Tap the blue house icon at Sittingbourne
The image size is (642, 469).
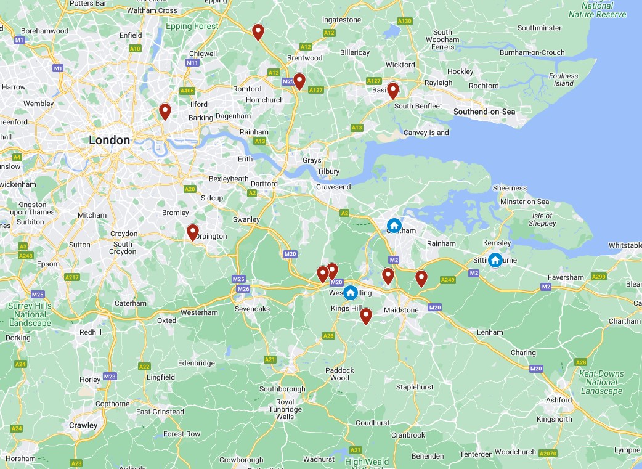pyautogui.click(x=495, y=260)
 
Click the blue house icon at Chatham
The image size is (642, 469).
pyautogui.click(x=394, y=225)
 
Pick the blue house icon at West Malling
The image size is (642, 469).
pyautogui.click(x=350, y=292)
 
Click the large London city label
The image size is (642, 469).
pyautogui.click(x=110, y=140)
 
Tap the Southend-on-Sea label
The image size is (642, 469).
pyautogui.click(x=484, y=112)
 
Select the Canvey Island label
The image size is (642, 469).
pyautogui.click(x=426, y=133)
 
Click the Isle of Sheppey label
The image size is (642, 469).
pyautogui.click(x=542, y=219)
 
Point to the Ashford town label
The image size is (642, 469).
pyautogui.click(x=559, y=400)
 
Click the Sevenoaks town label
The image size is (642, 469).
pyautogui.click(x=253, y=309)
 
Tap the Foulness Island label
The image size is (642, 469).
pyautogui.click(x=563, y=80)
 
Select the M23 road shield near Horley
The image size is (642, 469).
pyautogui.click(x=110, y=377)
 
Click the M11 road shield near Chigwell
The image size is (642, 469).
pyautogui.click(x=192, y=63)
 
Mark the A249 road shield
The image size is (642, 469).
pyautogui.click(x=448, y=280)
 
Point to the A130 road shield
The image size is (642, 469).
pyautogui.click(x=404, y=21)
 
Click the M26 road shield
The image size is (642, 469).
pyautogui.click(x=243, y=289)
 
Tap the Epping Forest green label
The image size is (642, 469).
pyautogui.click(x=192, y=27)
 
